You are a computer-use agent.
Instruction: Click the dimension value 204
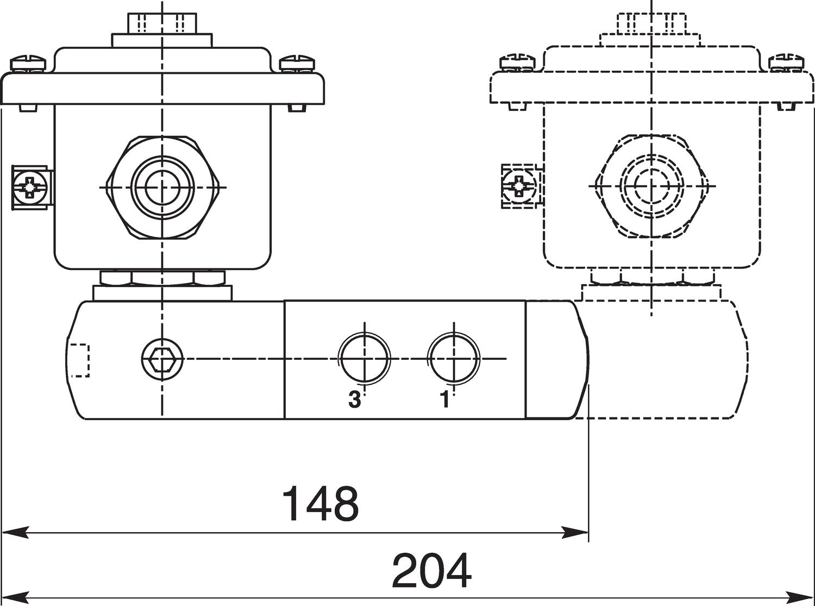[x=431, y=571]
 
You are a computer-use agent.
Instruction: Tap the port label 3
[x=354, y=401]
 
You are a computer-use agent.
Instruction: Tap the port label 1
[x=445, y=400]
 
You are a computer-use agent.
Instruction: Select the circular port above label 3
[x=365, y=358]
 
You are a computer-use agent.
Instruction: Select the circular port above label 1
[x=454, y=358]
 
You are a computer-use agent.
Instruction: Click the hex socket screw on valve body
[x=162, y=358]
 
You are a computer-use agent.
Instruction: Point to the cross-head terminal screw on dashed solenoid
[x=519, y=186]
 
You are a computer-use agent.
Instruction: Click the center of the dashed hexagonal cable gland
[x=651, y=186]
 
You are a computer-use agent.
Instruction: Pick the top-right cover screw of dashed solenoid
[x=786, y=62]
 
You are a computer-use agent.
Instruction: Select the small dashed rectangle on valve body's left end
[x=79, y=360]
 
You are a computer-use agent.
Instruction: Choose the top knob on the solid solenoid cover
[x=162, y=23]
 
